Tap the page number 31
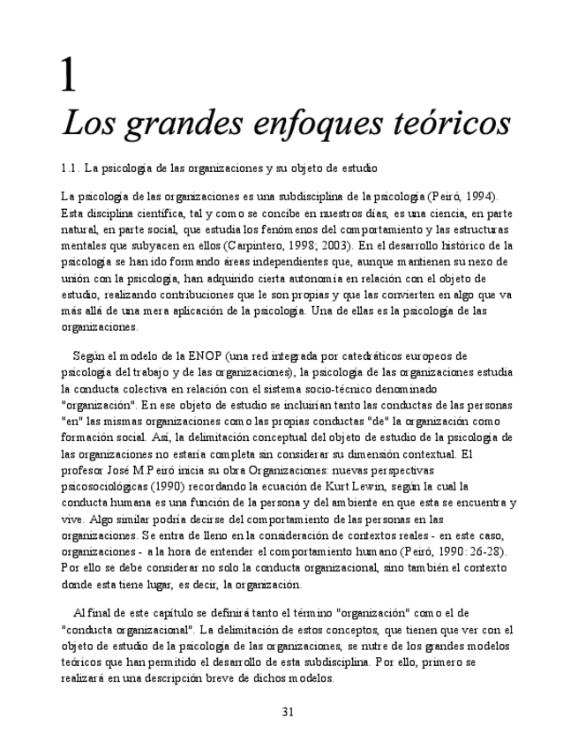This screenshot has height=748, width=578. pos(288,712)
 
